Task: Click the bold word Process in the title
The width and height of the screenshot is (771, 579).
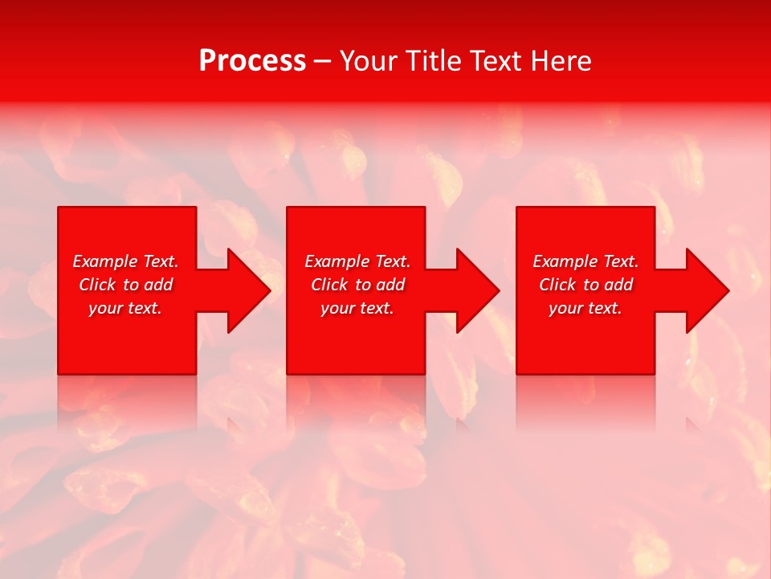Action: [252, 61]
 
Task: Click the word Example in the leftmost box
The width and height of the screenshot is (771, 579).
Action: [104, 261]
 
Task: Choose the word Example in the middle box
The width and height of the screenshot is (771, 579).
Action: [337, 261]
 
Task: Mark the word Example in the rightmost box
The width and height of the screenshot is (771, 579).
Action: [565, 261]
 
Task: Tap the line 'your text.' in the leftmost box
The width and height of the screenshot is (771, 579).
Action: [125, 308]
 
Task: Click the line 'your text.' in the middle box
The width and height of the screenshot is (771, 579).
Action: [357, 308]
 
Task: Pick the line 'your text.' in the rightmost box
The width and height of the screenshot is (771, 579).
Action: [585, 308]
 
